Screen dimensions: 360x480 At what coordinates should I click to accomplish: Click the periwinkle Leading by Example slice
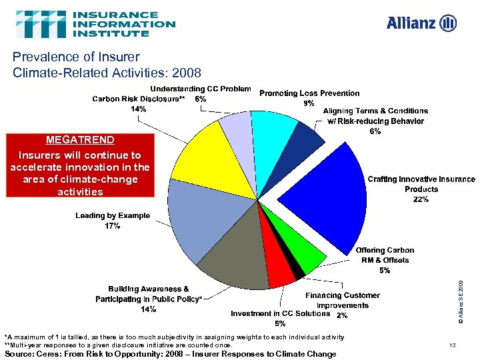pos(193,213)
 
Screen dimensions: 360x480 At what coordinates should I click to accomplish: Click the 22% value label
pos(421,199)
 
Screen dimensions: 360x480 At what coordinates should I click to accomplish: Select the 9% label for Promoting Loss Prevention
pos(309,103)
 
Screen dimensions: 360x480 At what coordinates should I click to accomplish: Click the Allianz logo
pos(421,23)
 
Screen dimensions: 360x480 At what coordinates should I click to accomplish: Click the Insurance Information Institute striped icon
pos(41,24)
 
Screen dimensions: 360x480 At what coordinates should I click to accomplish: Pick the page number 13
pos(452,345)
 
